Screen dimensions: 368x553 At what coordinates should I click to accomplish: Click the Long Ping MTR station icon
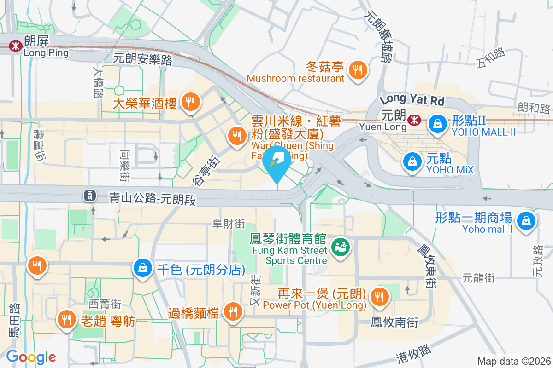(16, 46)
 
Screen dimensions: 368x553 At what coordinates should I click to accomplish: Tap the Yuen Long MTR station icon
(414, 120)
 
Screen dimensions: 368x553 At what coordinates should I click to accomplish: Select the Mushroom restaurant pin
(357, 70)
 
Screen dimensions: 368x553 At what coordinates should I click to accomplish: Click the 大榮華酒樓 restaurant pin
(190, 102)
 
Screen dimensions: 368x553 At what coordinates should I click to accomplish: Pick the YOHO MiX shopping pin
(411, 161)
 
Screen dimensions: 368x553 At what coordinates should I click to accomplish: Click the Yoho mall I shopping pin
(525, 220)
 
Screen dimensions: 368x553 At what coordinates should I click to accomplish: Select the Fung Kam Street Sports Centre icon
(341, 247)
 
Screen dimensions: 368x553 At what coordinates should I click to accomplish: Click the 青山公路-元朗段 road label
(153, 198)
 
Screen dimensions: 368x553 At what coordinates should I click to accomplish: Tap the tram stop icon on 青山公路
(89, 196)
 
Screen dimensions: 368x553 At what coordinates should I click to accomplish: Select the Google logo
(31, 357)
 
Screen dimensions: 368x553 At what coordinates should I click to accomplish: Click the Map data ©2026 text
(513, 361)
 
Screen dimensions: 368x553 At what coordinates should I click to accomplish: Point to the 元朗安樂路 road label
(142, 59)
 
